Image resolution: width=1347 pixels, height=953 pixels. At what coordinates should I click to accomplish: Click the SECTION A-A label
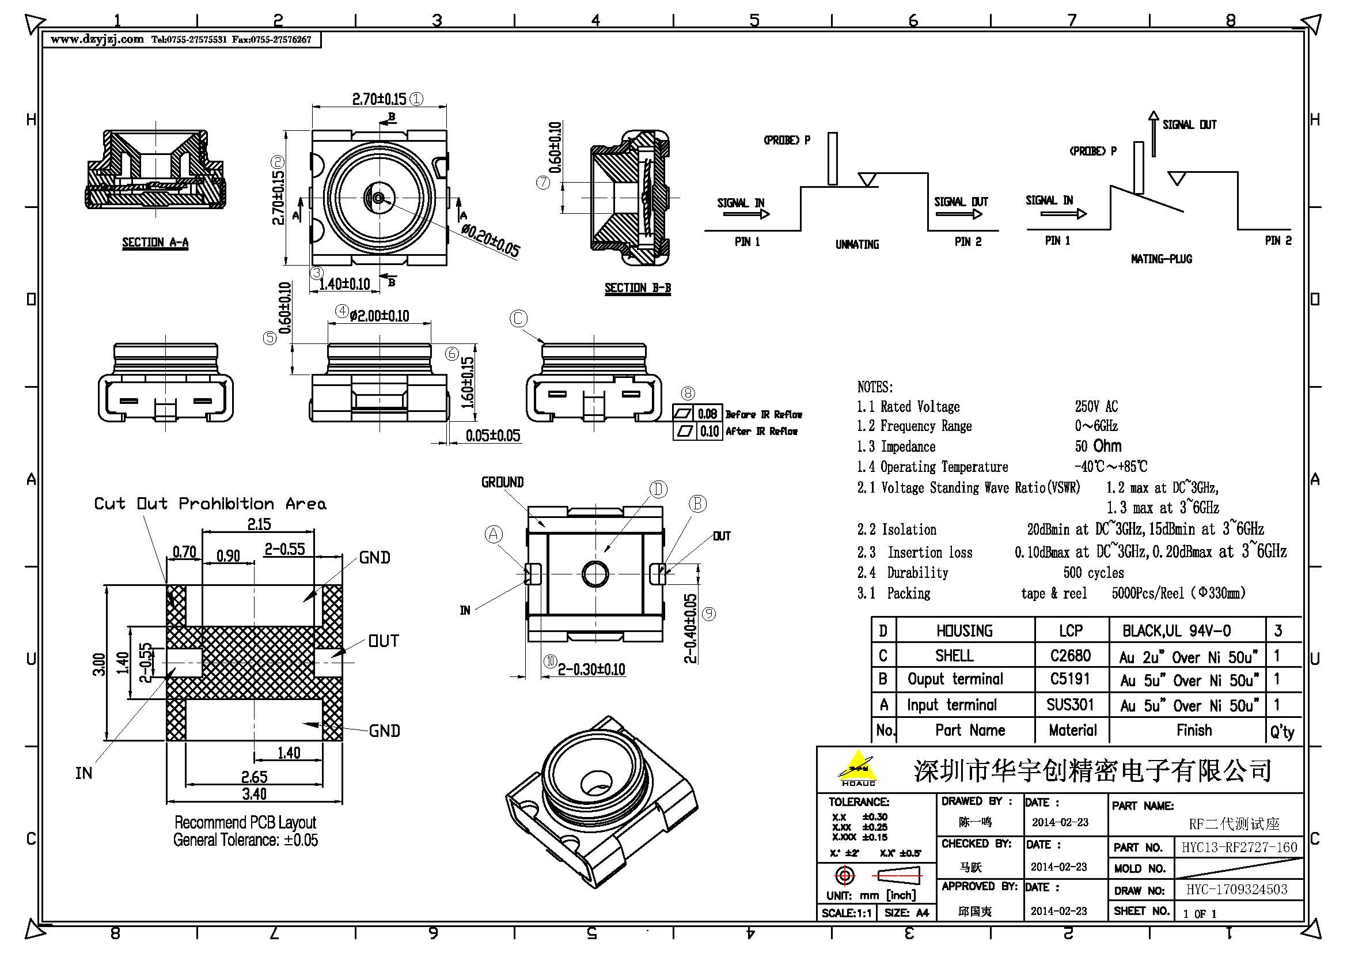pyautogui.click(x=155, y=243)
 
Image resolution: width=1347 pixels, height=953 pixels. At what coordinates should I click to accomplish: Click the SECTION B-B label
pyautogui.click(x=638, y=288)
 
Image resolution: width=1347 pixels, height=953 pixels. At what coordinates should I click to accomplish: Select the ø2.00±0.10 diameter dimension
pyautogui.click(x=379, y=316)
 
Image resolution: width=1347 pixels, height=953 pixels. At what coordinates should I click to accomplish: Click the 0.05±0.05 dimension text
pyautogui.click(x=493, y=436)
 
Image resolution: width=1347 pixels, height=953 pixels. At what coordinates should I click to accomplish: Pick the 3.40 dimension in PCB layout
pyautogui.click(x=254, y=794)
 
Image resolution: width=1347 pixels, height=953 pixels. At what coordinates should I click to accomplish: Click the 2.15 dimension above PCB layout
pyautogui.click(x=259, y=524)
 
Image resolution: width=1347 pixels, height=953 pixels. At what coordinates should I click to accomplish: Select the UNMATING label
pyautogui.click(x=856, y=245)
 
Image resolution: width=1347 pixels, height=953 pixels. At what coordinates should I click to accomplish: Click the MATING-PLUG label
pyautogui.click(x=1161, y=259)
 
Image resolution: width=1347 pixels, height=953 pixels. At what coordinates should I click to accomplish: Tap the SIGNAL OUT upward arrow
pyautogui.click(x=1154, y=133)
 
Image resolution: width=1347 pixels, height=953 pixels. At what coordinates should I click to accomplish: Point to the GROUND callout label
pyautogui.click(x=502, y=482)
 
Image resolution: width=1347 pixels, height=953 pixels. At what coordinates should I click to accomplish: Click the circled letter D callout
pyautogui.click(x=658, y=489)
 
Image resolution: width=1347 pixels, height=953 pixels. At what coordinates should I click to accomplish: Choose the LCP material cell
pyautogui.click(x=1071, y=631)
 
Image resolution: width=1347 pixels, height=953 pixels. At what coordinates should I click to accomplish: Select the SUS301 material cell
pyautogui.click(x=1071, y=704)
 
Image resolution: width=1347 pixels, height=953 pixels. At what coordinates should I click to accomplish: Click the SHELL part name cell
pyautogui.click(x=954, y=656)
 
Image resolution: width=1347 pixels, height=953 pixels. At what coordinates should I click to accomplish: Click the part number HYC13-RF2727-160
pyautogui.click(x=1239, y=848)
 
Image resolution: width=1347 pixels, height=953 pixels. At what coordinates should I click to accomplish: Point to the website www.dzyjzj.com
pyautogui.click(x=97, y=39)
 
